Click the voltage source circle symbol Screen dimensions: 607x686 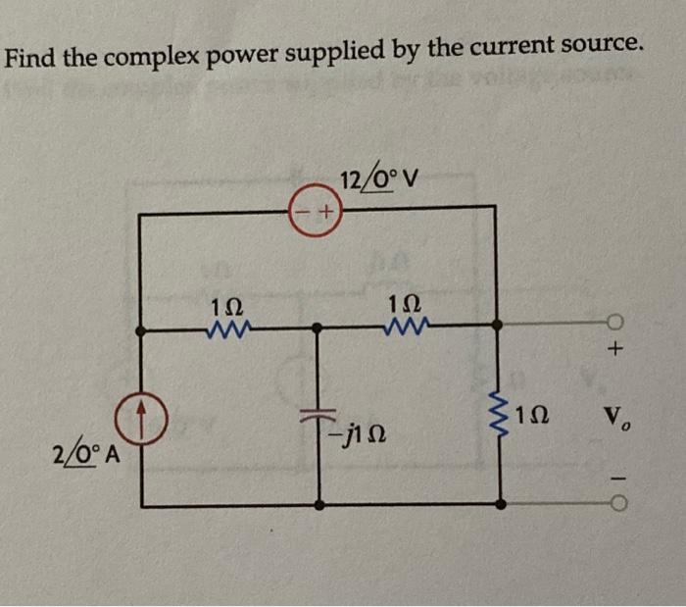[315, 212]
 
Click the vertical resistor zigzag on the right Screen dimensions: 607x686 [502, 416]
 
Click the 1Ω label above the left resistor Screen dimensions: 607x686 [224, 306]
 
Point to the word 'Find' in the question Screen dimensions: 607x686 [31, 60]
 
